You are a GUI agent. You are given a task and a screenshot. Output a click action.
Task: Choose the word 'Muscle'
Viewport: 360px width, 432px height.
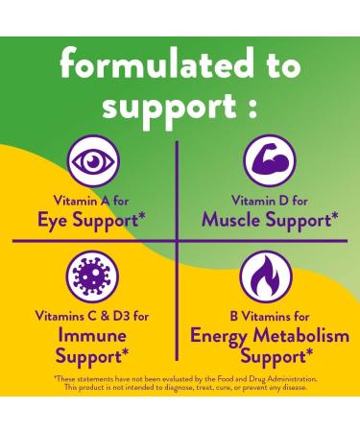(234, 220)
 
